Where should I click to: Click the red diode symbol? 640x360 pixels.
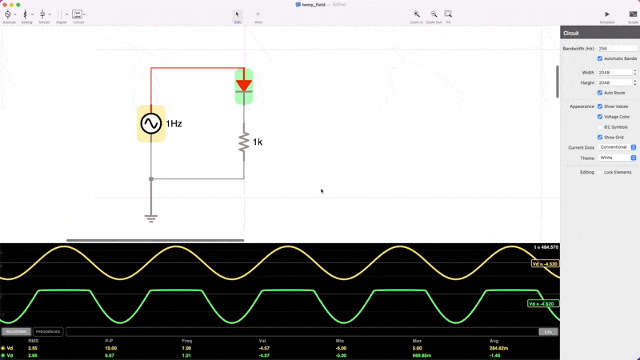click(244, 86)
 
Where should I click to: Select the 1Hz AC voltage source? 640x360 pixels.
click(151, 123)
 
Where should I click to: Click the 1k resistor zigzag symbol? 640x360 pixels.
click(244, 142)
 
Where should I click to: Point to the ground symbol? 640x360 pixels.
click(151, 217)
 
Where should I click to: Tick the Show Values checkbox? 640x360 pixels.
click(600, 106)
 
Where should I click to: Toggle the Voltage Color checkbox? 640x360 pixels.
click(600, 117)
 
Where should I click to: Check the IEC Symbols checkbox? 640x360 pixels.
click(600, 127)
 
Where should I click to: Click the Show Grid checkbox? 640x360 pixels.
click(600, 138)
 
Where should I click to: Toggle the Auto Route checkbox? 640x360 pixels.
click(600, 93)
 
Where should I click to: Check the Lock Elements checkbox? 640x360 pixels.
click(600, 172)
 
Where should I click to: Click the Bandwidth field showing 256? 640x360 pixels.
click(617, 49)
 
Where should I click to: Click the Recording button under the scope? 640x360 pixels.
click(16, 331)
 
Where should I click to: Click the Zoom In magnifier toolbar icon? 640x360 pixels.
click(417, 14)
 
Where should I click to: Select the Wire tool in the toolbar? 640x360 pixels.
click(258, 14)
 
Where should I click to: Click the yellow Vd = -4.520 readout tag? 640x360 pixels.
click(545, 264)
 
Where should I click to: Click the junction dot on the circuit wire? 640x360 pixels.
click(151, 179)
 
